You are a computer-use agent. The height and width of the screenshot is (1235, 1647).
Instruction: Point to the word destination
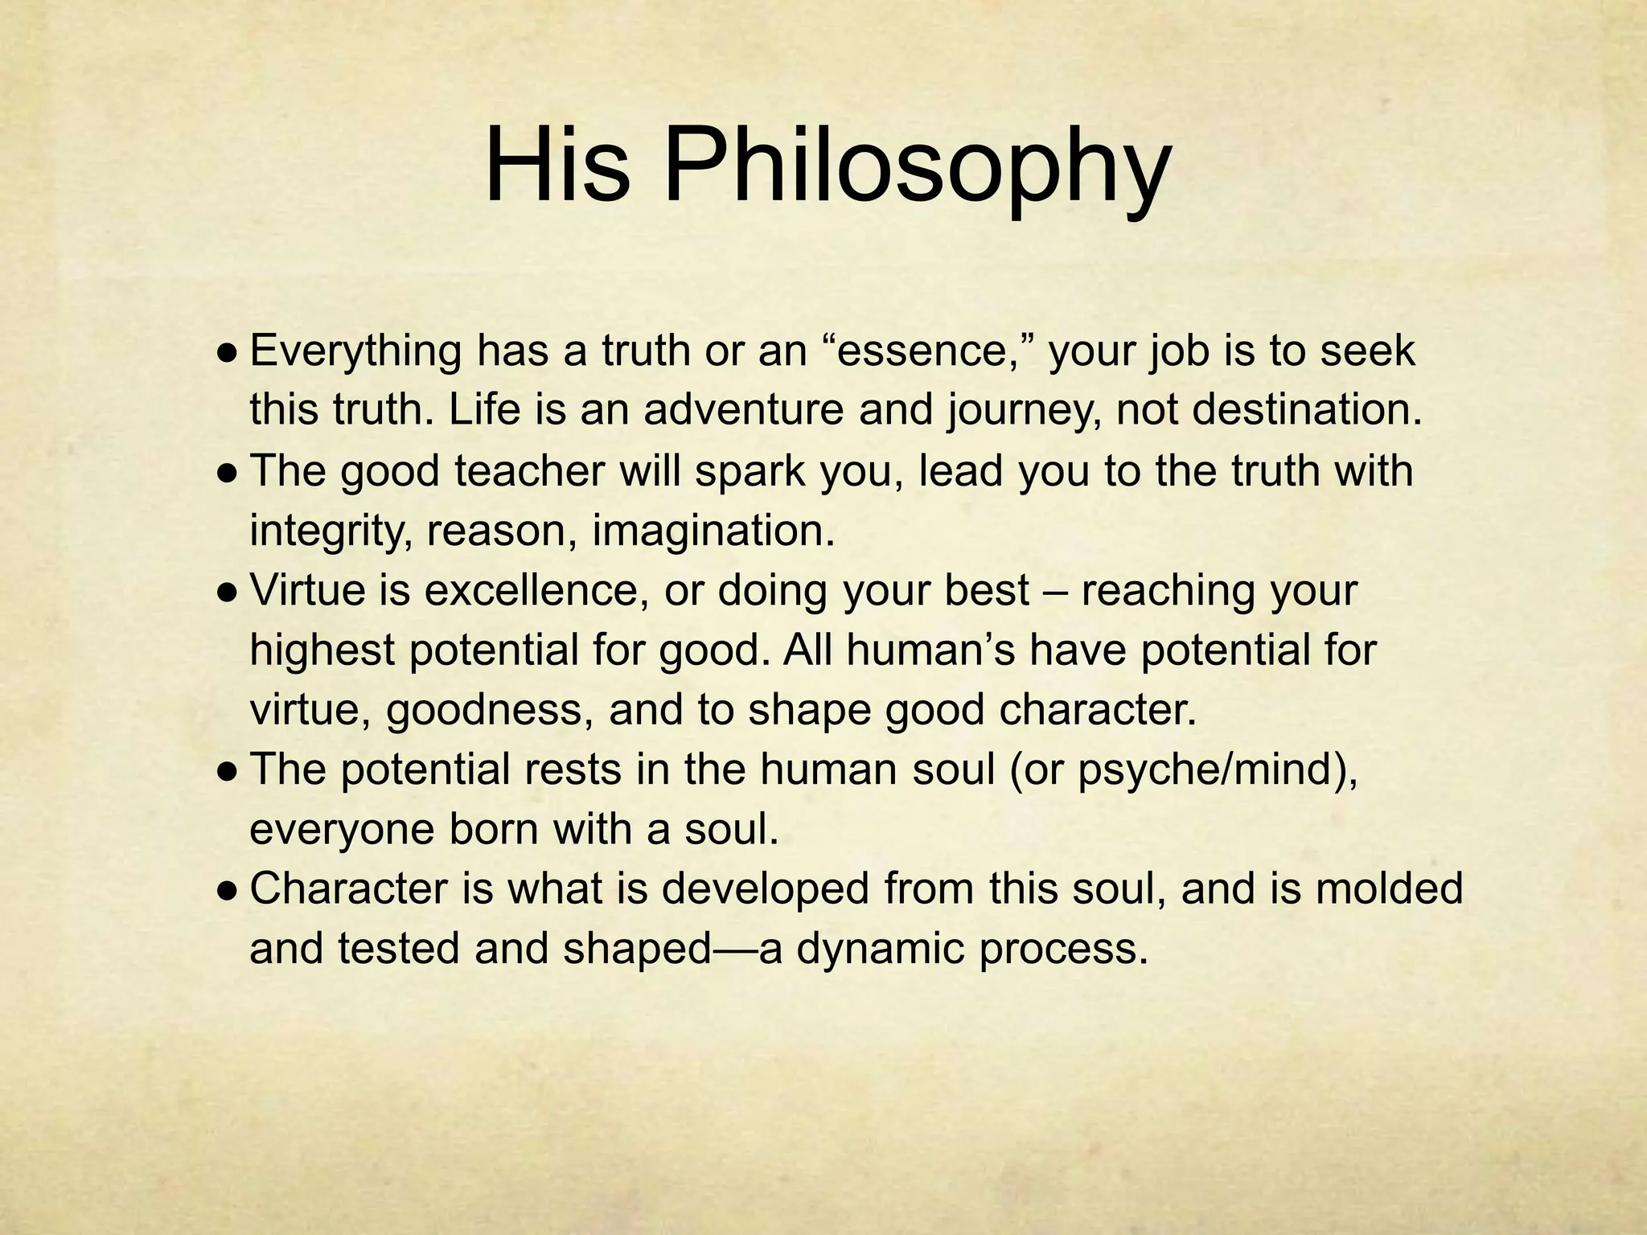click(1306, 410)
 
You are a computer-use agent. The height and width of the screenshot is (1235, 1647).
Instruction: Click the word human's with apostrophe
click(939, 650)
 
